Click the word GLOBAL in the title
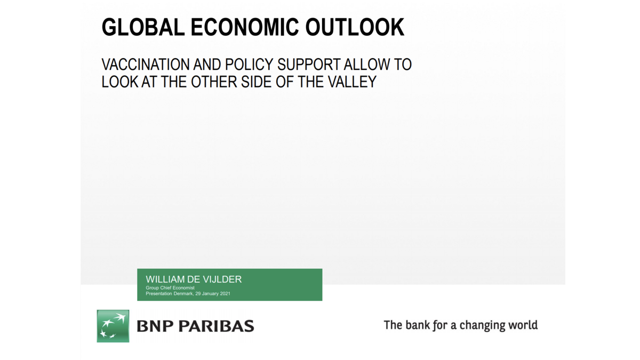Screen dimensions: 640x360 [x=143, y=27]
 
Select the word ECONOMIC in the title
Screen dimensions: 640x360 [x=245, y=27]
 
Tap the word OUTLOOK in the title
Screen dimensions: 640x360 [x=355, y=27]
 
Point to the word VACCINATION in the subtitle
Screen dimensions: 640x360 [x=146, y=65]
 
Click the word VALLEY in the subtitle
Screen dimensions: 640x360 [x=352, y=82]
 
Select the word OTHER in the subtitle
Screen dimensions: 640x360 [x=214, y=82]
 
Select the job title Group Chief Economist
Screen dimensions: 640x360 [x=170, y=287]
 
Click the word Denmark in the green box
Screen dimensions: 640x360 [x=183, y=293]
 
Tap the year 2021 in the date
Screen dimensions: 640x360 [x=225, y=293]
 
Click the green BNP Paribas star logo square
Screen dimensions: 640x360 [x=113, y=326]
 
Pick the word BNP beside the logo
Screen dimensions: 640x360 [x=155, y=326]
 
